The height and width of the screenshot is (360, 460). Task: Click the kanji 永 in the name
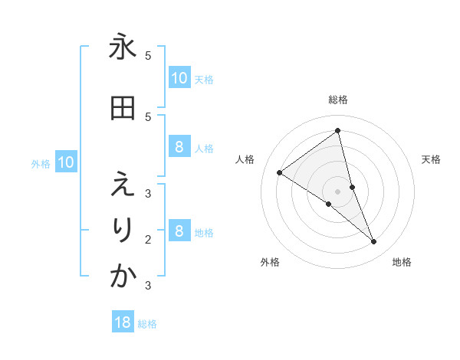click(123, 47)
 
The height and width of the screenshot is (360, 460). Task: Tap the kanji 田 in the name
click(123, 109)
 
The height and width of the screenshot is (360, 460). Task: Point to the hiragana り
click(123, 231)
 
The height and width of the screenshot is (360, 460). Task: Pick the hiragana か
click(123, 277)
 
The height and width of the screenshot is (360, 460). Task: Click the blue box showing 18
click(123, 322)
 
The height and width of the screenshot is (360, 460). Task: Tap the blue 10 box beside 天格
click(179, 78)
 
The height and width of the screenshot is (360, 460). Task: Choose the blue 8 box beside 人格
click(179, 147)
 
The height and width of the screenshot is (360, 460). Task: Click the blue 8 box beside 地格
click(179, 231)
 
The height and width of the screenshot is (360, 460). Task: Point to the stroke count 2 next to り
click(148, 239)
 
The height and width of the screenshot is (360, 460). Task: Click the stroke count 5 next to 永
click(148, 56)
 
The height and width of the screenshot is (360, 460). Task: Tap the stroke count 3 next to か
click(148, 286)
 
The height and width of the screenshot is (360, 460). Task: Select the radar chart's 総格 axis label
click(338, 100)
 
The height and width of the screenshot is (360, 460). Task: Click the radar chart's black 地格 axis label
click(402, 263)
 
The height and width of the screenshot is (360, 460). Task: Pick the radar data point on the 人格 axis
click(280, 172)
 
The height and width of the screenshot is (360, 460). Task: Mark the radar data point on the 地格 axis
click(373, 242)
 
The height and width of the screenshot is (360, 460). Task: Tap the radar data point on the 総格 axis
click(338, 131)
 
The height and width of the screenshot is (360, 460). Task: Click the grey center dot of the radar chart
click(338, 191)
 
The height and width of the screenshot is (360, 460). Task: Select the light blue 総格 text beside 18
click(147, 324)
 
